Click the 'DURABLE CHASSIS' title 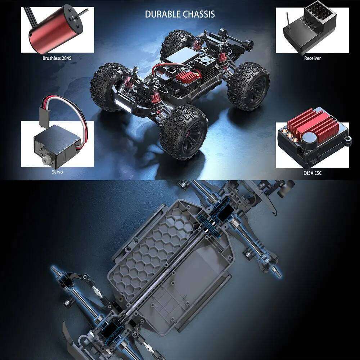pyautogui.click(x=180, y=14)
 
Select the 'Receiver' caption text pyautogui.click(x=312, y=58)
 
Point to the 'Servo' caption pyautogui.click(x=57, y=172)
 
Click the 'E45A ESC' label pyautogui.click(x=312, y=173)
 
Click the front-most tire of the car pyautogui.click(x=184, y=131)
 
